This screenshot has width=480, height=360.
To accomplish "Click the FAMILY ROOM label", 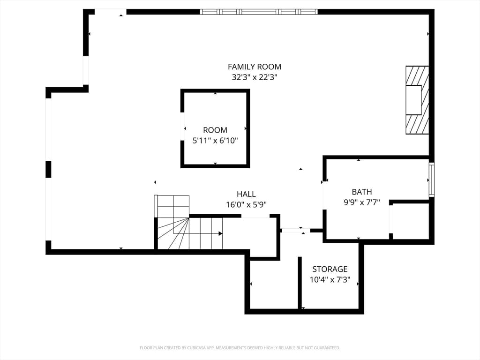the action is (x=255, y=67).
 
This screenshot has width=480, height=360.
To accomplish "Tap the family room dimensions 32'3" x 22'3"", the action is (x=255, y=77).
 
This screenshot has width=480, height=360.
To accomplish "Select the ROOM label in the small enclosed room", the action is (x=215, y=130).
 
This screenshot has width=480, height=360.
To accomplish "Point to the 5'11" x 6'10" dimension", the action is (x=215, y=141).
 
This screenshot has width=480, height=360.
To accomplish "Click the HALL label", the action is (x=246, y=194).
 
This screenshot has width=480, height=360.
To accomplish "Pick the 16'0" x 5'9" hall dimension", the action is (x=246, y=204).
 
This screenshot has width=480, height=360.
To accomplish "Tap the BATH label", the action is (x=362, y=192).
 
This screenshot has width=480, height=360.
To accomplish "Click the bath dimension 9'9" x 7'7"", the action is (x=362, y=202).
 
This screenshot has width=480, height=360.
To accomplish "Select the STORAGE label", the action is (x=330, y=269).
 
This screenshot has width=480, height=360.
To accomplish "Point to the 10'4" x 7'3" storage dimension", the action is (x=330, y=280).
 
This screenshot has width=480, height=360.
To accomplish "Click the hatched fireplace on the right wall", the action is (x=417, y=100).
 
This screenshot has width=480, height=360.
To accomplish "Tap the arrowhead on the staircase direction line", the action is (x=220, y=233).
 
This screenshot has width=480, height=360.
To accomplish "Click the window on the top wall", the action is (x=259, y=12).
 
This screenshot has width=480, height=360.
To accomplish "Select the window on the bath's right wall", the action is (x=431, y=180).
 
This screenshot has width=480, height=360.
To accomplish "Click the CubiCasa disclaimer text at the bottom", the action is (x=240, y=348).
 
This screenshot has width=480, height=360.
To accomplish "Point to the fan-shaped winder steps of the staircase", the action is (x=173, y=233).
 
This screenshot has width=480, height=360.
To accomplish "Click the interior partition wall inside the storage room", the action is (x=300, y=283).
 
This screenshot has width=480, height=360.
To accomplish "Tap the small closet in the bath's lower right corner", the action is (x=411, y=221).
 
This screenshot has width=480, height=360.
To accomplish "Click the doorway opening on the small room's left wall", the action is (x=182, y=127).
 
